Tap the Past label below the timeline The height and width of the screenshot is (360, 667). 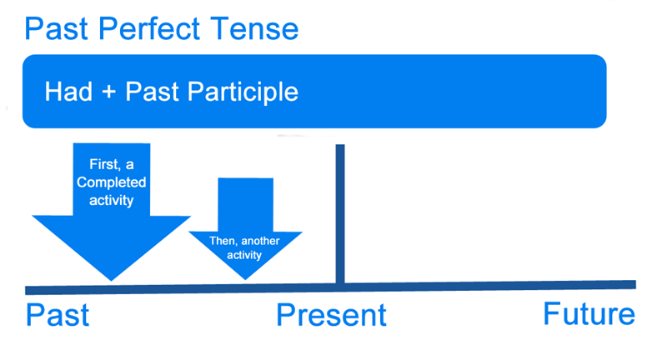(x=58, y=316)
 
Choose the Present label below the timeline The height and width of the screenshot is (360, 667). (x=332, y=316)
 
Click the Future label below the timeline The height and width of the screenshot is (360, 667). (x=589, y=315)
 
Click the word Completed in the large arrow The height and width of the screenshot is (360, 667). (x=112, y=182)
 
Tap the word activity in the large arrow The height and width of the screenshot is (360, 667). (x=112, y=201)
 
